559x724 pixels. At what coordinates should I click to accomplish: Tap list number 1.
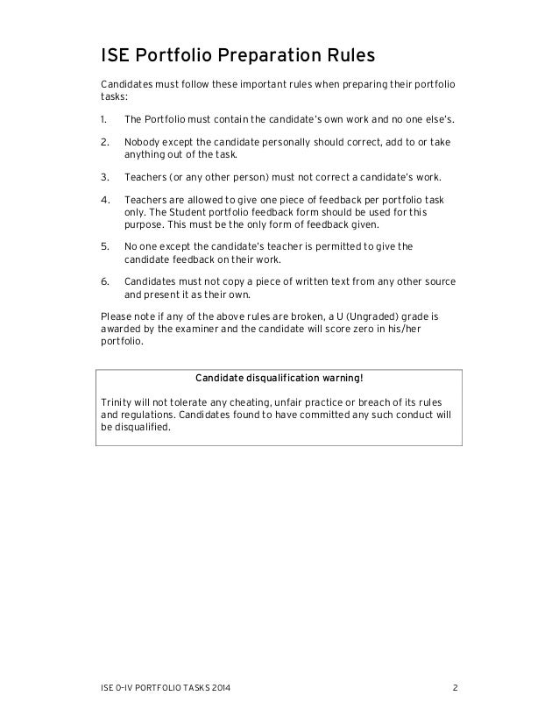[104, 118]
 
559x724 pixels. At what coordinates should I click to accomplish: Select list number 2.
[104, 141]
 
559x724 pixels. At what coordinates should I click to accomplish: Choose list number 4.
[104, 201]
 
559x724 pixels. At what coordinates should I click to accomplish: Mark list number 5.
[104, 246]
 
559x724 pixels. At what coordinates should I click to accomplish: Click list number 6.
[104, 282]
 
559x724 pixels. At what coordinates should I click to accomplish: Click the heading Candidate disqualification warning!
[279, 379]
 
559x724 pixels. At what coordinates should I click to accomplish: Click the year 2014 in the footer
[223, 685]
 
